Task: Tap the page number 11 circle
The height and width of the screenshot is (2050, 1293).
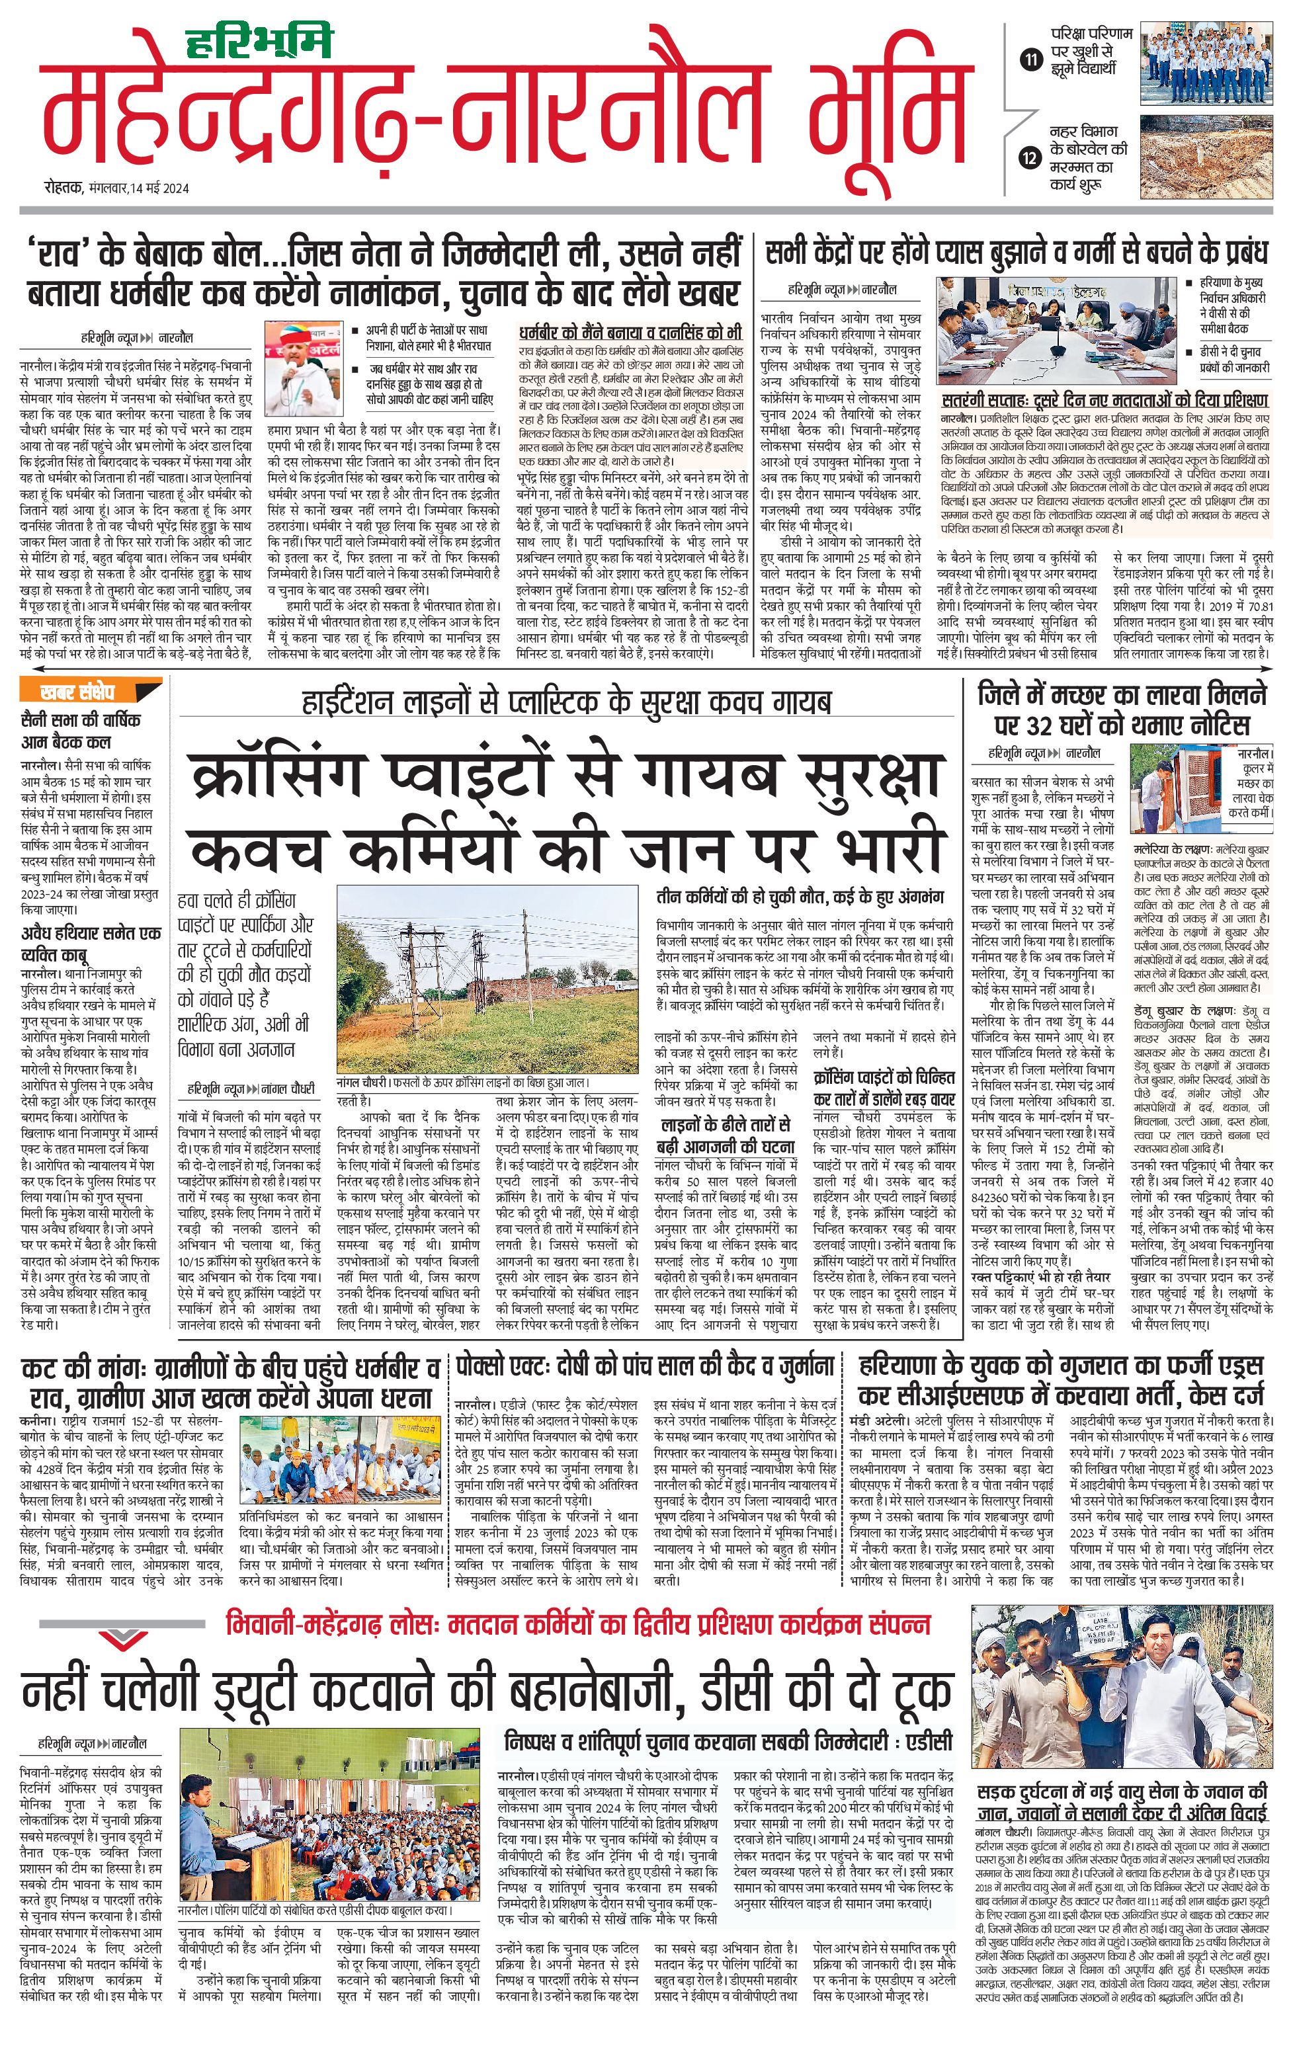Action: coord(1031,60)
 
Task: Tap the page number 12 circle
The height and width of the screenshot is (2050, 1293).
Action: coord(1031,157)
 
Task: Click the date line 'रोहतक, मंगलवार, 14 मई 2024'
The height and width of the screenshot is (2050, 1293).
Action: coord(116,189)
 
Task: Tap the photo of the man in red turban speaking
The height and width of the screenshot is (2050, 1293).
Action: coord(302,368)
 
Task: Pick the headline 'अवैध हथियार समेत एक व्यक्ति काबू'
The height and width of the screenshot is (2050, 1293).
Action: coord(89,943)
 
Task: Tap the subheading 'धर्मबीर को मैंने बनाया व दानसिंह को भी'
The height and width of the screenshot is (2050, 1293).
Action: coord(630,332)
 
